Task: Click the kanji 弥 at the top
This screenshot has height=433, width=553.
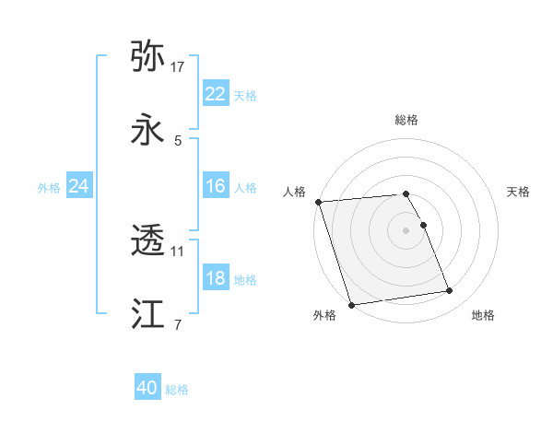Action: tap(147, 56)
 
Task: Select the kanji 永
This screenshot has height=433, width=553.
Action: tap(147, 131)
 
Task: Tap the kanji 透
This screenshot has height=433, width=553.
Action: tap(147, 241)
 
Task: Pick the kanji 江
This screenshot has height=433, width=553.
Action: tap(147, 315)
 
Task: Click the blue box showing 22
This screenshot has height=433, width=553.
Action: tap(216, 94)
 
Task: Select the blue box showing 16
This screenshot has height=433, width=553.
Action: tap(216, 186)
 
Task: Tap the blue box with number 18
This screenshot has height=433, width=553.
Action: tap(216, 278)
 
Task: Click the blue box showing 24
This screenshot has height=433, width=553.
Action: tap(79, 186)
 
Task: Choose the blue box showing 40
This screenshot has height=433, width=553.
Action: tap(147, 388)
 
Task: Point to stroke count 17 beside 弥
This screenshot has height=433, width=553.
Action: tap(178, 67)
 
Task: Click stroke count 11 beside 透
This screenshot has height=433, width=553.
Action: tap(178, 251)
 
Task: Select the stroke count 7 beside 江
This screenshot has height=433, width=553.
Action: tap(177, 324)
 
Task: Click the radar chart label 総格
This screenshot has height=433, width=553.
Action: tap(406, 121)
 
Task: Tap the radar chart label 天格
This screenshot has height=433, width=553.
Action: tap(518, 192)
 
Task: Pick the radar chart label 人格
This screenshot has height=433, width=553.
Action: tap(295, 192)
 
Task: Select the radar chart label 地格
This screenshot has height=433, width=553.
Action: tap(483, 315)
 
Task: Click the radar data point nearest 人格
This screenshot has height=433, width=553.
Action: tap(318, 202)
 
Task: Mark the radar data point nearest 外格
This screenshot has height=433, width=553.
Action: tap(351, 304)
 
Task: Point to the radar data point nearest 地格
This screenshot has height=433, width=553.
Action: tap(450, 291)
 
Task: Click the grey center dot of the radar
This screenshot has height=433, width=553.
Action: tap(406, 229)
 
